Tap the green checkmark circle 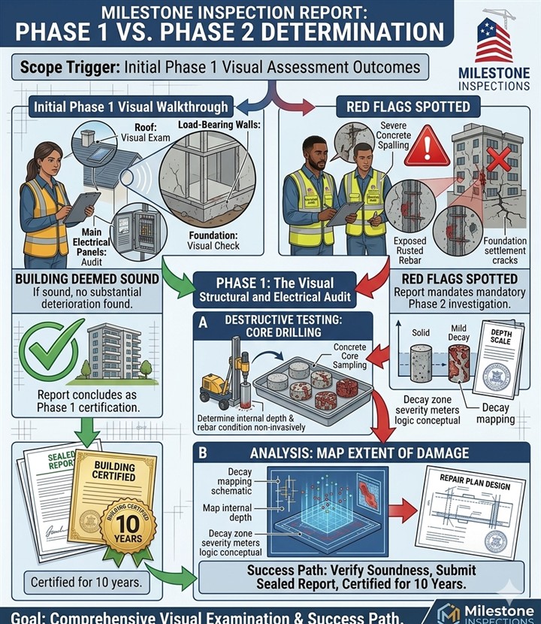pos(52,348)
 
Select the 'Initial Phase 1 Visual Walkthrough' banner pos(131,107)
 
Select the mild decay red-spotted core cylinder pos(458,364)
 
